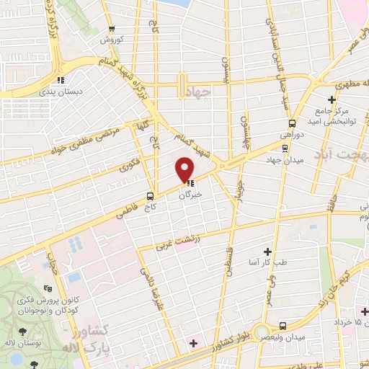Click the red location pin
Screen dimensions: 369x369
[x=184, y=170]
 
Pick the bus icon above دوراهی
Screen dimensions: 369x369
[x=291, y=124]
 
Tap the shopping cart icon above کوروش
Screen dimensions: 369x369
[x=111, y=29]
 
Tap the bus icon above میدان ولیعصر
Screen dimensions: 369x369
[x=283, y=326]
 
